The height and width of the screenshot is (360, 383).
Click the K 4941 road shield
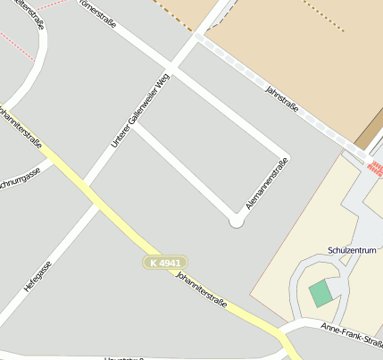point(165,263)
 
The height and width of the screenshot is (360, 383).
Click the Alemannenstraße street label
point(267,183)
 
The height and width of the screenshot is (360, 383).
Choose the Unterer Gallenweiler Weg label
point(140,111)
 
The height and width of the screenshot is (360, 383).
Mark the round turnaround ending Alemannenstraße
point(237,221)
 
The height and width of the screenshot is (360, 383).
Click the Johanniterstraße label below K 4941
point(202,291)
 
